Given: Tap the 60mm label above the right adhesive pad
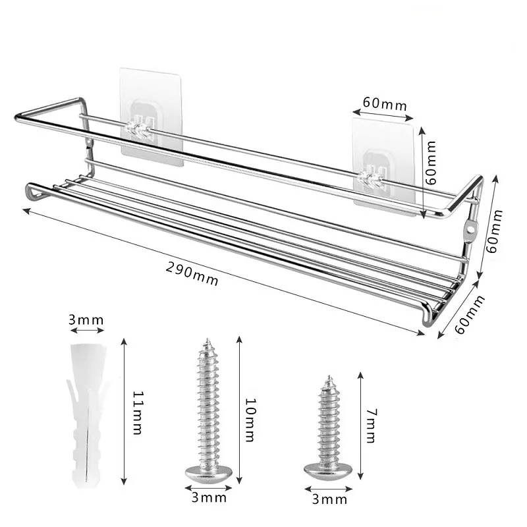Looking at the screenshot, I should [384, 104].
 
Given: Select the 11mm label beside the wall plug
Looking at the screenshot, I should [137, 412].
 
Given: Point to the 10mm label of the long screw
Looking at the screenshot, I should [251, 414].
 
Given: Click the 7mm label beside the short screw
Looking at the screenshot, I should [372, 420].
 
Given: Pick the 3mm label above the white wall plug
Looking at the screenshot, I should [86, 320].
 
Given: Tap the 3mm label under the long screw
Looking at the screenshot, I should [208, 498].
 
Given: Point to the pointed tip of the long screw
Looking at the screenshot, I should [209, 341].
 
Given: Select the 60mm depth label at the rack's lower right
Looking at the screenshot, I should [467, 315].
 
